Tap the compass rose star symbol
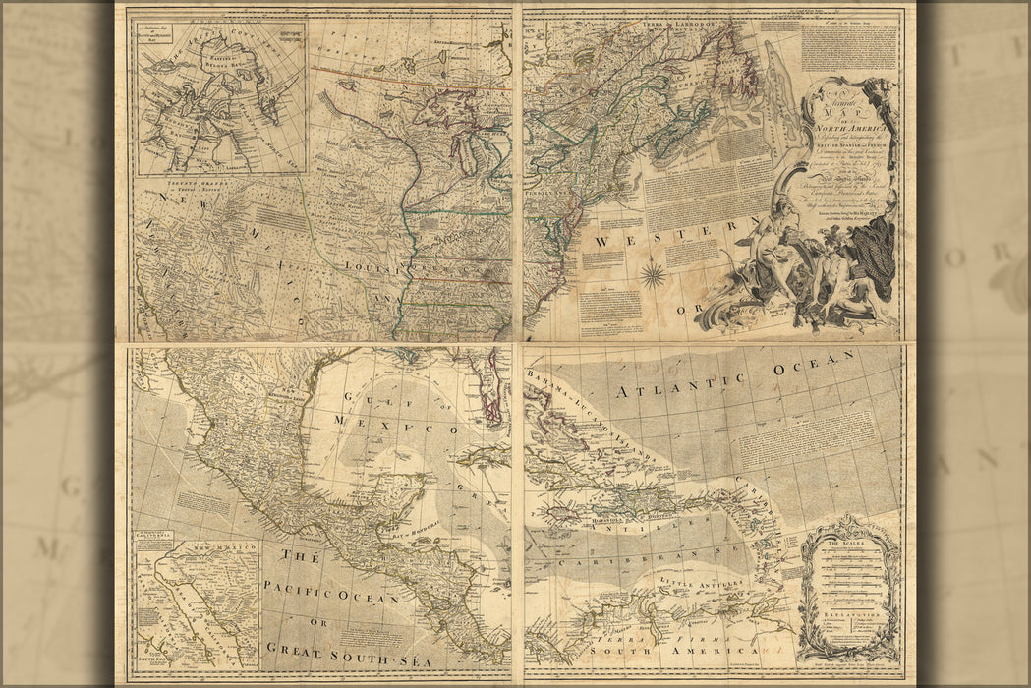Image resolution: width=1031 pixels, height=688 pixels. click(x=654, y=272)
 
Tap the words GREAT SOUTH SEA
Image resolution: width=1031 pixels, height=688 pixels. click(x=335, y=647)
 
